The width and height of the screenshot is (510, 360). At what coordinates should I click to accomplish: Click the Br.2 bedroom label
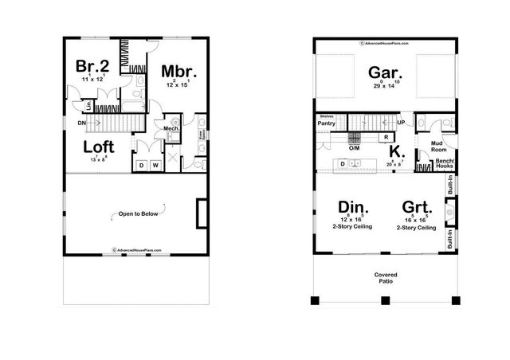click(92, 66)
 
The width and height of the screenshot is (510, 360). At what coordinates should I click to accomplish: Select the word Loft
click(102, 147)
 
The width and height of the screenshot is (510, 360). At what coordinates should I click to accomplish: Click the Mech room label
click(171, 127)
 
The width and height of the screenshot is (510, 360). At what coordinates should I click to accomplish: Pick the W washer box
click(155, 166)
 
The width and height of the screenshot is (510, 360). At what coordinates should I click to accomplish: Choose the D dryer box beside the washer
click(141, 166)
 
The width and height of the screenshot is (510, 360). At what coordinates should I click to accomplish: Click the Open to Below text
click(131, 214)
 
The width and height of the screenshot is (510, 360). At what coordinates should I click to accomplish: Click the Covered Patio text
click(386, 278)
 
